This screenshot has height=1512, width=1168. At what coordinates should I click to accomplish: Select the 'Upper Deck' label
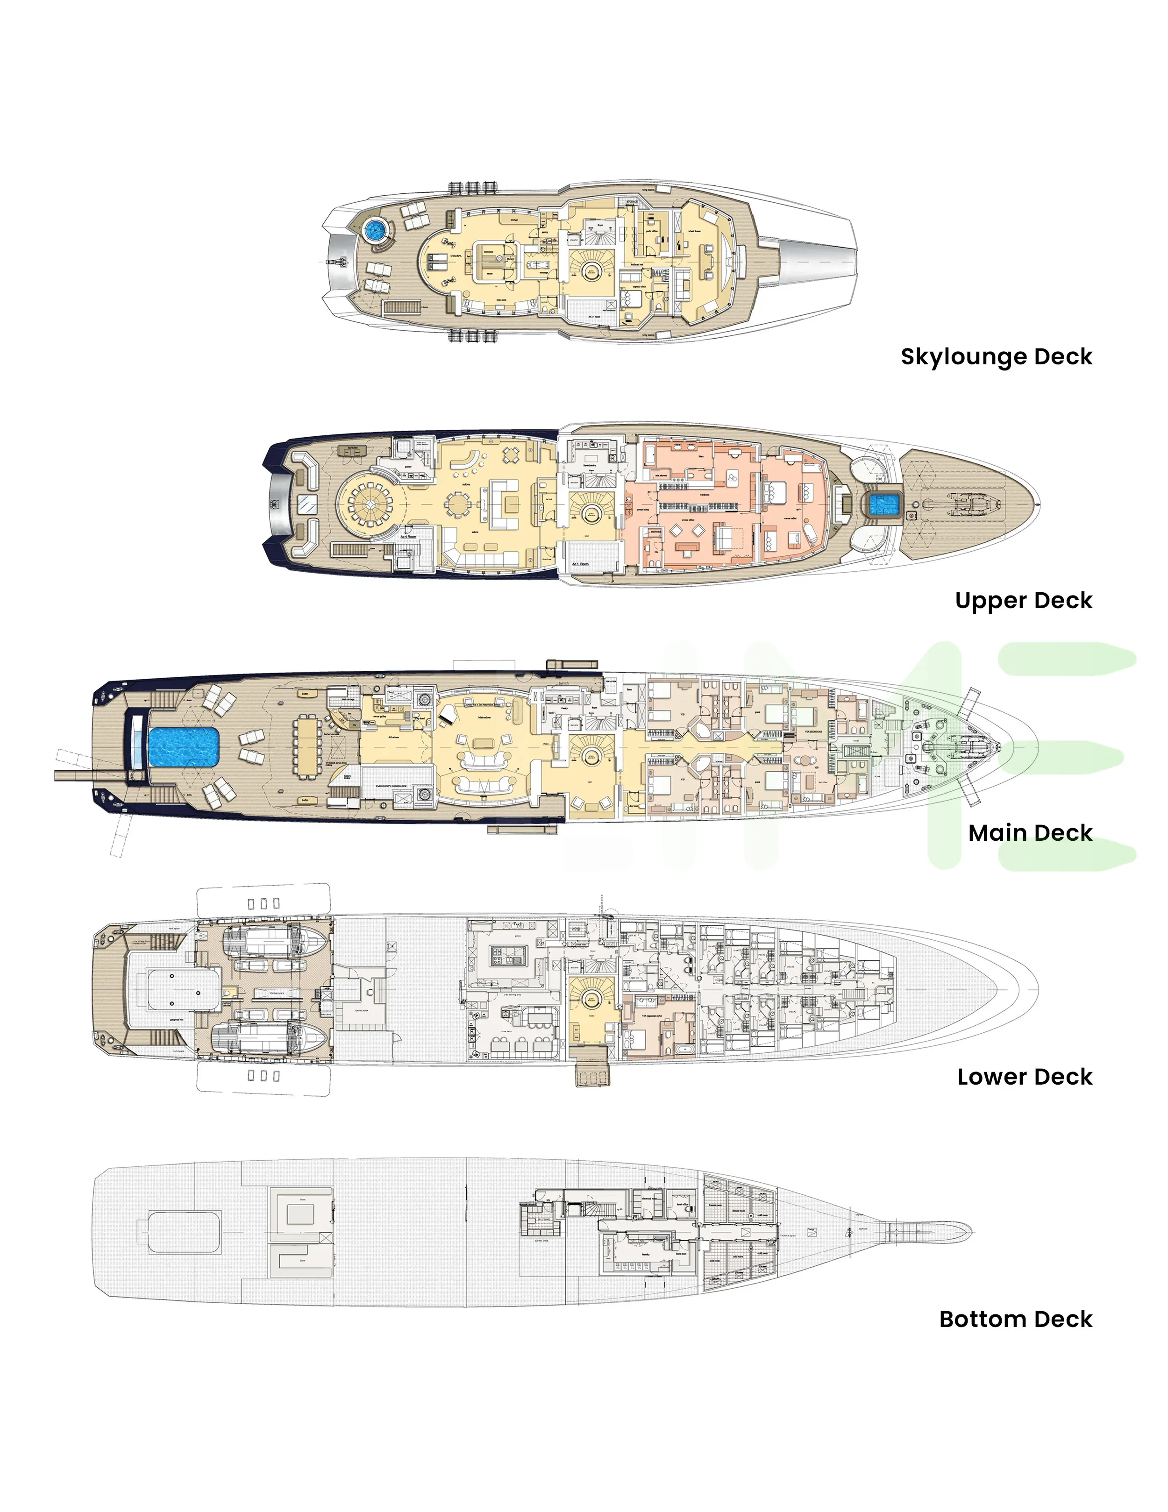[x=1023, y=600]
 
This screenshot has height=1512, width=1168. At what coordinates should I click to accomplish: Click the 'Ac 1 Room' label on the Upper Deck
[x=580, y=564]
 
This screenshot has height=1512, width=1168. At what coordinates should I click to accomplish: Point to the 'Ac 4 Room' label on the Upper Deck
[x=408, y=537]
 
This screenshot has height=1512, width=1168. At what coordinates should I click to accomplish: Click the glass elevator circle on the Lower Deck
[x=591, y=999]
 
